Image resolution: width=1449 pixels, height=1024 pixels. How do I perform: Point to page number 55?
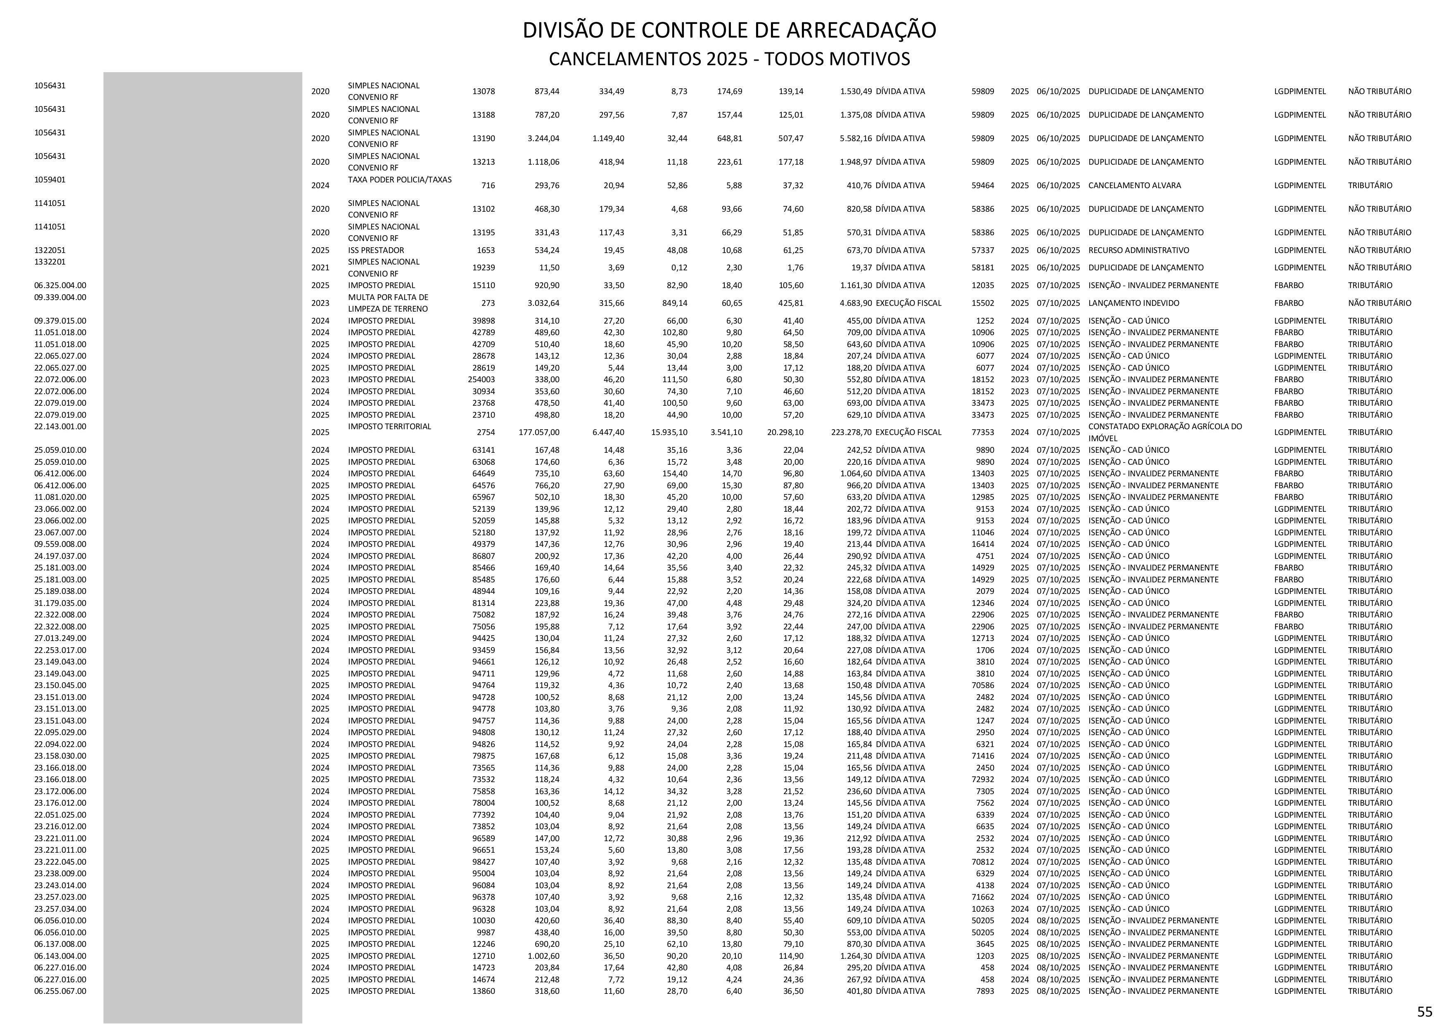(1424, 1011)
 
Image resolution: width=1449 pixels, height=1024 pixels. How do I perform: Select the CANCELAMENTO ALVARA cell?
(1135, 185)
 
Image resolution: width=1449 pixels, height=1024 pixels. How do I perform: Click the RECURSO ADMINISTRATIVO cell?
(1138, 250)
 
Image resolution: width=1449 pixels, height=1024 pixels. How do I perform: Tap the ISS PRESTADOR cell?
(376, 250)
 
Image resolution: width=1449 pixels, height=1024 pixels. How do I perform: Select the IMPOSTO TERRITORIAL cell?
(389, 426)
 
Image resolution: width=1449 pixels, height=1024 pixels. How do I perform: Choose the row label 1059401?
(50, 179)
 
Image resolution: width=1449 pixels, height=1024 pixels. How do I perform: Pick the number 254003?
(481, 379)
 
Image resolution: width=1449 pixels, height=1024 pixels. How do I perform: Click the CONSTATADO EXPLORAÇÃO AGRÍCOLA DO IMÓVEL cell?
(1165, 432)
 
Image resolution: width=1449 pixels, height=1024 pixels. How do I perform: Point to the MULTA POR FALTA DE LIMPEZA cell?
(387, 303)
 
